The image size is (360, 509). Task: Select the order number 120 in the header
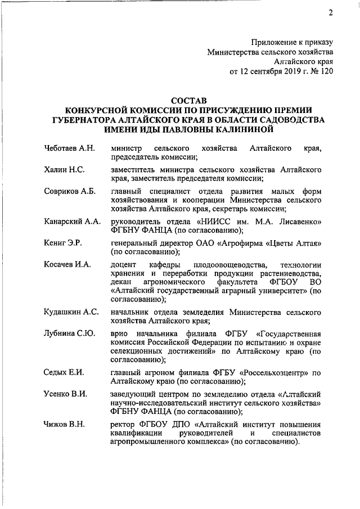tap(327, 72)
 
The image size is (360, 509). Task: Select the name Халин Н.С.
tap(64, 169)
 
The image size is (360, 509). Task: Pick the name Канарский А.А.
tap(72, 221)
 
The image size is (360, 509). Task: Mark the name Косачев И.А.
tap(67, 264)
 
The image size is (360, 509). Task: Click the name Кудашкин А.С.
tap(71, 311)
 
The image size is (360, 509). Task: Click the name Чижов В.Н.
tap(64, 424)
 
